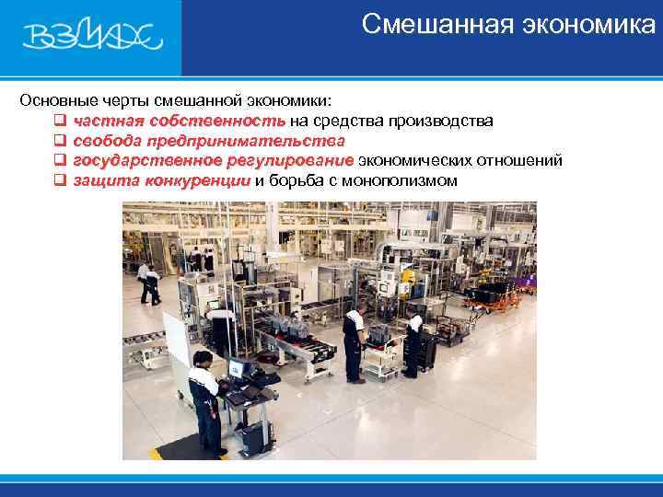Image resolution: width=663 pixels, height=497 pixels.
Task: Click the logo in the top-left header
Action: coord(92,38)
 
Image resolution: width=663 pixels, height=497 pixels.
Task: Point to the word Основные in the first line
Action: coord(55,99)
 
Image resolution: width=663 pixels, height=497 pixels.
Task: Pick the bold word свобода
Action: coord(104,141)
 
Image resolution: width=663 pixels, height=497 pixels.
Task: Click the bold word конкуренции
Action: coord(204,180)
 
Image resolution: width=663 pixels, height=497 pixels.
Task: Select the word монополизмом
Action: coord(398,180)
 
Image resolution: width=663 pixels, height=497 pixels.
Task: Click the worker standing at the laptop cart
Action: coord(207,405)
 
